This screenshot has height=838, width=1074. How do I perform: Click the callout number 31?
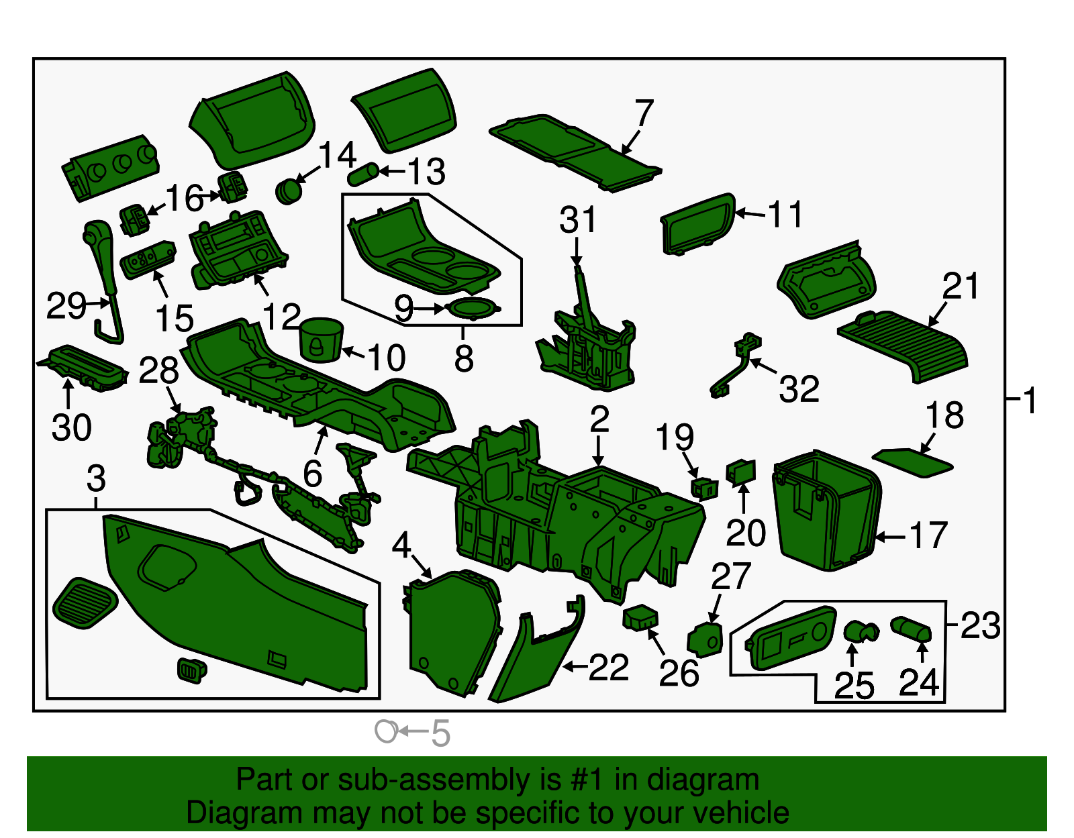coord(577,220)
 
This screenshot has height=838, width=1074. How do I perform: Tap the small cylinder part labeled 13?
coord(363,174)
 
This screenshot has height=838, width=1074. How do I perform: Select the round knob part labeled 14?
coord(289,191)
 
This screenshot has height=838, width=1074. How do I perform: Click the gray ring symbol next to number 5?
coord(387,731)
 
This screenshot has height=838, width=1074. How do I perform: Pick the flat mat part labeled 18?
coord(912,462)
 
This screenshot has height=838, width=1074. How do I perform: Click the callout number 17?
coord(928,535)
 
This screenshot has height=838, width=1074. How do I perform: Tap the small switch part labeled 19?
coord(704,488)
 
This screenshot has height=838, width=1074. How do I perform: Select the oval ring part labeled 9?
coord(475,309)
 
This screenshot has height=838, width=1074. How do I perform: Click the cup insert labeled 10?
coord(320,340)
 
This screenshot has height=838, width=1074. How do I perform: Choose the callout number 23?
coord(980,625)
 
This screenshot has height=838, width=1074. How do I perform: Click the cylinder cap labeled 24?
coord(911,630)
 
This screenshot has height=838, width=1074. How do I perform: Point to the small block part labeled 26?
coord(640,617)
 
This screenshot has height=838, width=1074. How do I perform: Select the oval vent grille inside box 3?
coord(85,603)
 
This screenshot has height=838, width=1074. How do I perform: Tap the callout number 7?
coord(644,113)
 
